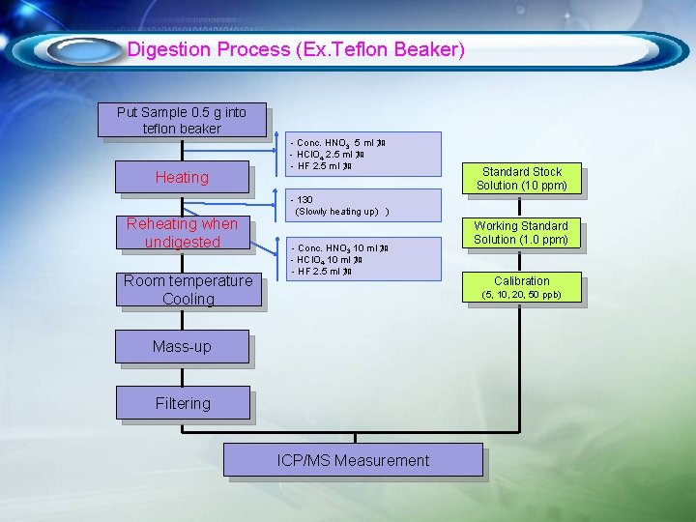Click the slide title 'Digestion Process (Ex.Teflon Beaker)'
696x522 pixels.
coord(296,49)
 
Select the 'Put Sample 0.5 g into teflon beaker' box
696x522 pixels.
coord(182,121)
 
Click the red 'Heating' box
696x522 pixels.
coord(182,177)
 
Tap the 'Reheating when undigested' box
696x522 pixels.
coord(182,233)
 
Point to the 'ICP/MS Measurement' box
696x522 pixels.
coord(353,460)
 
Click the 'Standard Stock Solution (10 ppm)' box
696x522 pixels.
coord(521,178)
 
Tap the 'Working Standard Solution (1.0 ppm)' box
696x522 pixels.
coord(521,232)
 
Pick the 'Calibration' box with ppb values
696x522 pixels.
coord(521,287)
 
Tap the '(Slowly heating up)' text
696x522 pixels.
coord(337,211)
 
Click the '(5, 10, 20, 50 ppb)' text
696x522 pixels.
coord(521,295)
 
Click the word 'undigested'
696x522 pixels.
coord(182,243)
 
